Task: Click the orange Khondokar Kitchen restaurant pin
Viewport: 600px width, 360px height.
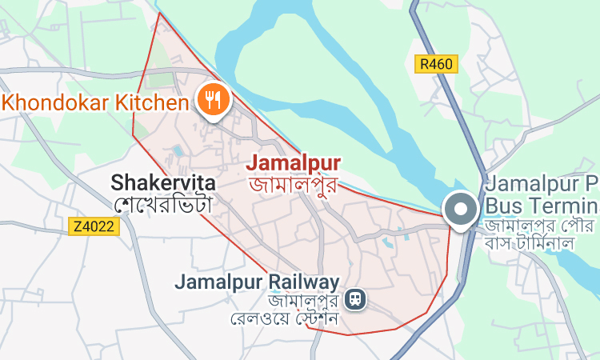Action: [214, 101]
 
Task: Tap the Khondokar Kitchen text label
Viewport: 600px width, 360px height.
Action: [96, 102]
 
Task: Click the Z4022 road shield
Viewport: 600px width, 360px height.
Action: [94, 226]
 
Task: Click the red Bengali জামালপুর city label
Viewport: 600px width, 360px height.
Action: [294, 185]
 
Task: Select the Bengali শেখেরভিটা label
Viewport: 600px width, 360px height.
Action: [163, 204]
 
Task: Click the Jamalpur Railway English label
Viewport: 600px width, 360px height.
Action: [257, 282]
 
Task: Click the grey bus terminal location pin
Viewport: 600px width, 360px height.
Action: [462, 210]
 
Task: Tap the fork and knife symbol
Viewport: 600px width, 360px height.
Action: [214, 99]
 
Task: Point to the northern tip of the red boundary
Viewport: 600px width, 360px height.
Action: [160, 13]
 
